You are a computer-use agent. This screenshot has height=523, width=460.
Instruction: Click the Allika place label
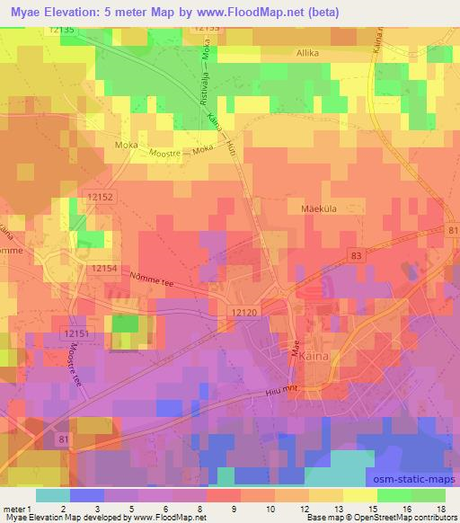(x=308, y=54)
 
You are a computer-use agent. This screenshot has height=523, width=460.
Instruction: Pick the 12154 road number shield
(x=103, y=268)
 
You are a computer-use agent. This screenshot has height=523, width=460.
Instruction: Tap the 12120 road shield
(x=244, y=310)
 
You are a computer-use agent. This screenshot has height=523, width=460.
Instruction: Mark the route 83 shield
(x=357, y=258)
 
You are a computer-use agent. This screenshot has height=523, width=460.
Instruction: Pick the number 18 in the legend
(x=440, y=509)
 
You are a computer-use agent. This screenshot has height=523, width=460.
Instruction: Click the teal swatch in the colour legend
(x=54, y=494)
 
